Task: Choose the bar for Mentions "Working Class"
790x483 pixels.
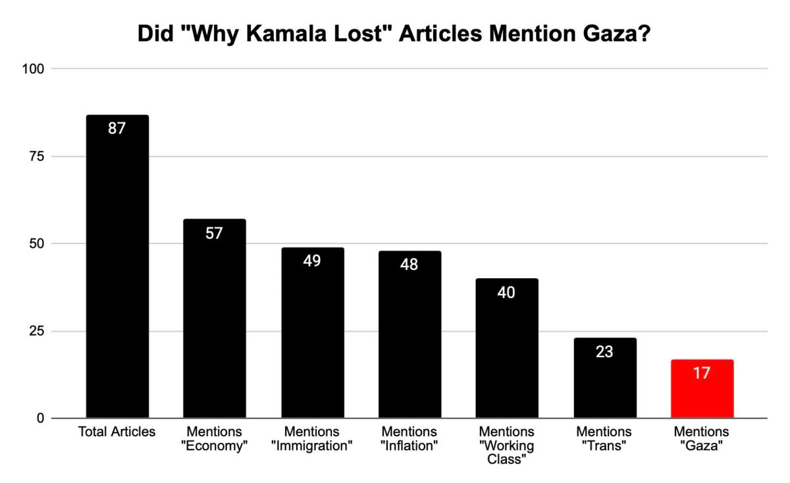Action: (x=506, y=348)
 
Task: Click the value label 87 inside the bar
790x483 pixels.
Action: (x=117, y=128)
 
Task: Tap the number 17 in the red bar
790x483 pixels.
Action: (x=702, y=373)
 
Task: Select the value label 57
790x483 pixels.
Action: (x=214, y=233)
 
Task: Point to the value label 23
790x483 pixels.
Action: (x=604, y=352)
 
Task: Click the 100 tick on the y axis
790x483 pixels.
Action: (x=34, y=69)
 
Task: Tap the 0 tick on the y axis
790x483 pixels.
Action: (x=40, y=419)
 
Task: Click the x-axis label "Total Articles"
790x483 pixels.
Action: (x=117, y=432)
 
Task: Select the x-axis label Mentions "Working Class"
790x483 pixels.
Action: (x=506, y=445)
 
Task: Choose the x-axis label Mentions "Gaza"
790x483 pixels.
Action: (x=702, y=439)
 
